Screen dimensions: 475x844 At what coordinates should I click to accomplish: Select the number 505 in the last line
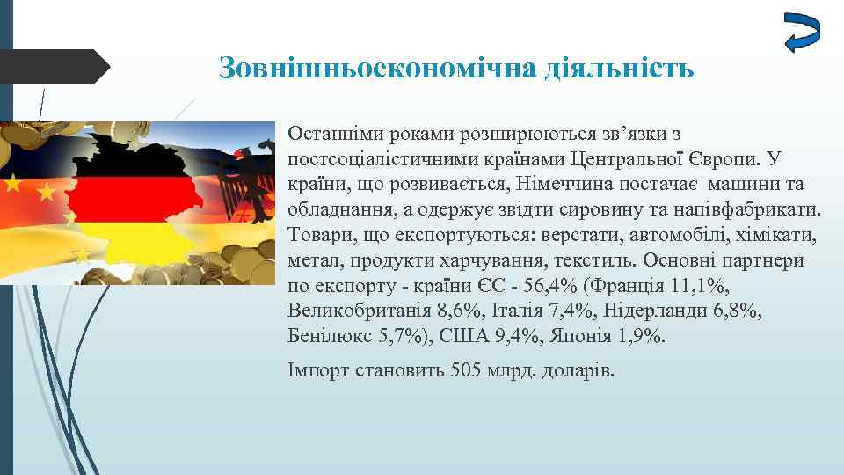click(464, 369)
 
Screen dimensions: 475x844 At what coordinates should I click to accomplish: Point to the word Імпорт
click(318, 369)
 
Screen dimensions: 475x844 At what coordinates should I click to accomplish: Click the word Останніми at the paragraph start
click(330, 134)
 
